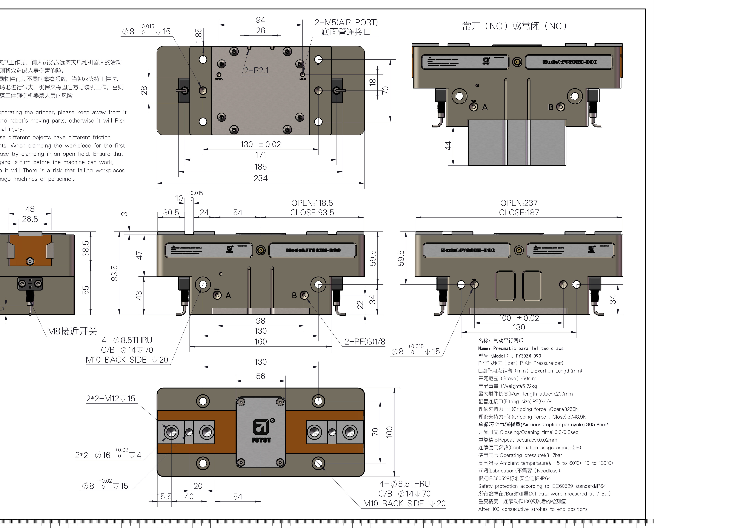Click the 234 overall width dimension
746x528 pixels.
pyautogui.click(x=261, y=178)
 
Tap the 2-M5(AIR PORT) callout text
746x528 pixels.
pyautogui.click(x=346, y=22)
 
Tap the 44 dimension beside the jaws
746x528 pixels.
pyautogui.click(x=448, y=146)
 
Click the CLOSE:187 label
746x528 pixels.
pyautogui.click(x=519, y=213)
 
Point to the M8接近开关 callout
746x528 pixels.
pyautogui.click(x=72, y=331)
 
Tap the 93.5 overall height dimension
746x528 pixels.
pyautogui.click(x=114, y=273)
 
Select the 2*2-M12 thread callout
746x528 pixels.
pyautogui.click(x=111, y=399)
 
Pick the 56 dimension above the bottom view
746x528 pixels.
pyautogui.click(x=261, y=376)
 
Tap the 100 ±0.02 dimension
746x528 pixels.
pyautogui.click(x=519, y=318)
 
